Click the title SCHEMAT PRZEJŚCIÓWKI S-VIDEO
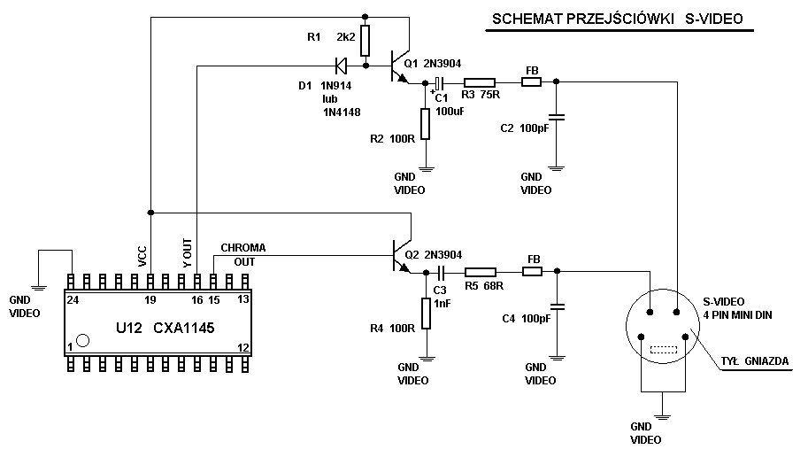click(618, 19)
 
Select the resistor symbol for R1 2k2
click(366, 41)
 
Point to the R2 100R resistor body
click(426, 123)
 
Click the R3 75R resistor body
click(479, 82)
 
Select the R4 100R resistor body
click(426, 314)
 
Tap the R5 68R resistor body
click(481, 273)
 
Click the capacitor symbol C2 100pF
click(556, 117)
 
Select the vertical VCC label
click(143, 255)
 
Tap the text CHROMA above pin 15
click(242, 247)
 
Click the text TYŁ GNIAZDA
click(754, 360)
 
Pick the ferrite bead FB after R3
click(531, 82)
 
